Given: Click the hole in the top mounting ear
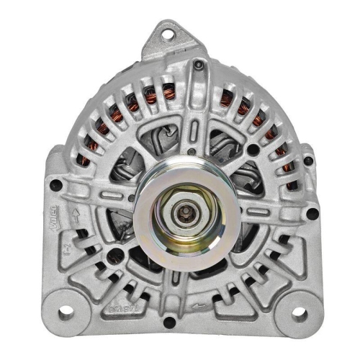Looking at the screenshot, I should (x=168, y=32).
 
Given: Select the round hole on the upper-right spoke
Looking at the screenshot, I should (x=253, y=149).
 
